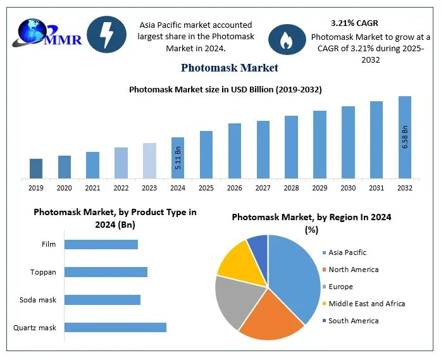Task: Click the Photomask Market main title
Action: pyautogui.click(x=229, y=68)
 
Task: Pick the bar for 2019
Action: pyautogui.click(x=36, y=168)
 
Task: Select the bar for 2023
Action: pyautogui.click(x=149, y=160)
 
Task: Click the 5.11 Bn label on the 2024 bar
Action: pyautogui.click(x=178, y=159)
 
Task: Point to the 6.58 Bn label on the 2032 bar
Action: pyautogui.click(x=406, y=137)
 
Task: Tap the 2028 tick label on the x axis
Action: pyautogui.click(x=291, y=188)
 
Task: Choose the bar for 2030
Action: pyautogui.click(x=348, y=142)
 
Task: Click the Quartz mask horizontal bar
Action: pyautogui.click(x=115, y=327)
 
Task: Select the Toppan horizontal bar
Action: pyautogui.click(x=106, y=272)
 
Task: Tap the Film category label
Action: pyautogui.click(x=49, y=244)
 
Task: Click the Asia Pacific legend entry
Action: pyautogui.click(x=347, y=252)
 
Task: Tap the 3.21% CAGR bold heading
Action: pyautogui.click(x=354, y=23)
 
